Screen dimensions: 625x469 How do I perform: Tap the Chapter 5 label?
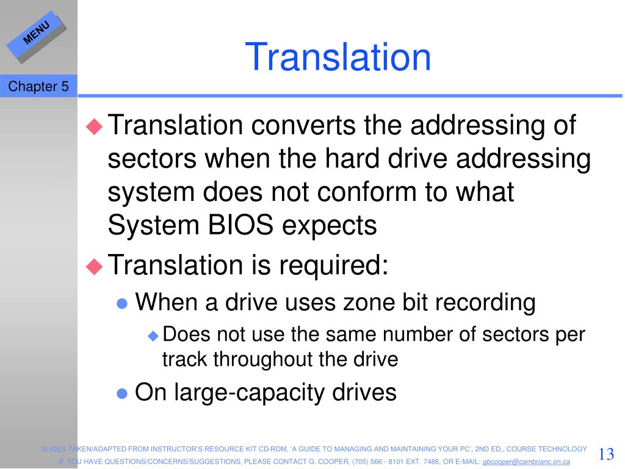(38, 86)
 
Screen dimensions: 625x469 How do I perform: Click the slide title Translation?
(338, 57)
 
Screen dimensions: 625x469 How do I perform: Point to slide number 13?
(606, 454)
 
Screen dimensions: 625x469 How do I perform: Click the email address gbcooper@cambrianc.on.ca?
(526, 462)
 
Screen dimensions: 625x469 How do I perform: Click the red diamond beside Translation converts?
(95, 126)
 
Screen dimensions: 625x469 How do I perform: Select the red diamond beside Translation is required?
(95, 266)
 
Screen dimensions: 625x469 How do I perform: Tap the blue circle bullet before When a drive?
(122, 304)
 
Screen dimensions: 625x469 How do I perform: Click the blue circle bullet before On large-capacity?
(122, 394)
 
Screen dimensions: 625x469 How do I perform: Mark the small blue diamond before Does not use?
(153, 336)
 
